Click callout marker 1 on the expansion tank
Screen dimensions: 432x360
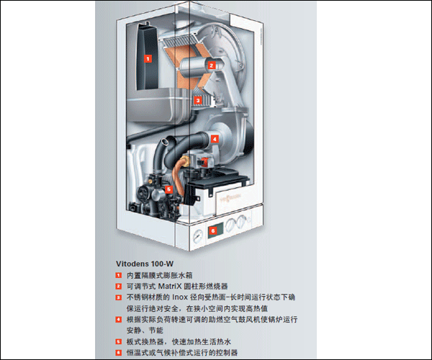coord(148,58)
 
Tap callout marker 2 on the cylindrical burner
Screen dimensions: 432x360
coord(211,66)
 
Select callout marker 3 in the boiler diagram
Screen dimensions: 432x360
coord(197,100)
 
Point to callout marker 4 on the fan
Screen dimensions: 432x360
coord(215,139)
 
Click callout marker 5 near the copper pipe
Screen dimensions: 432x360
coord(168,189)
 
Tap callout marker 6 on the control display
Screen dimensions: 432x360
coord(212,230)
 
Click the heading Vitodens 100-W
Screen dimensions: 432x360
coord(145,264)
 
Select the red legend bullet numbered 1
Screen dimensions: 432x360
coord(119,275)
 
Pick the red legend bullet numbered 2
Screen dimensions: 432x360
coord(119,286)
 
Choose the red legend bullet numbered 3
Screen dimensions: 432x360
coord(119,297)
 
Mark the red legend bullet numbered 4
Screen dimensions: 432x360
coord(119,320)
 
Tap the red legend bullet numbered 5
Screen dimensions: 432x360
coord(119,341)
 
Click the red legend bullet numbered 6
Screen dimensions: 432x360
coord(119,353)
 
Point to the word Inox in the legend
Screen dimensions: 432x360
coord(180,297)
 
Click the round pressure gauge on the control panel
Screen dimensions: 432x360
coord(198,235)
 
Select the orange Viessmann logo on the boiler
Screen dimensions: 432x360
coord(230,197)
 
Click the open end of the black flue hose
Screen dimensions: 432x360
coord(166,141)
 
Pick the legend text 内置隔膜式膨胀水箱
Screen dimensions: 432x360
coord(160,275)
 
